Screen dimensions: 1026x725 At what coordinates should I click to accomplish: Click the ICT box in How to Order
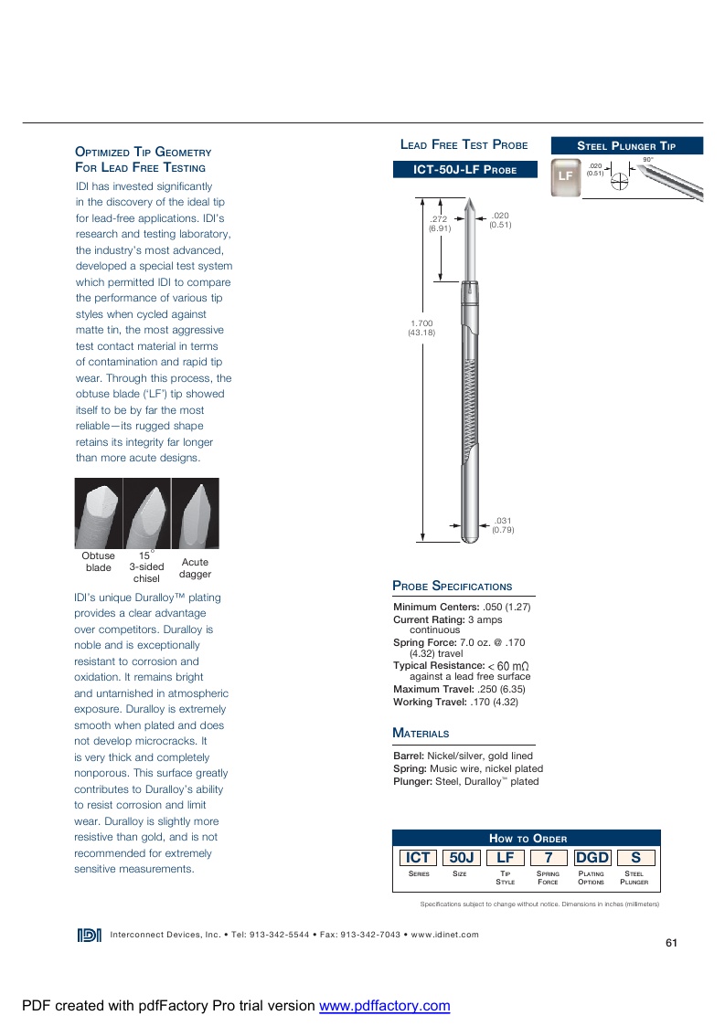(418, 857)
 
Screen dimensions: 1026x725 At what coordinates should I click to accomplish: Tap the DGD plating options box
(592, 857)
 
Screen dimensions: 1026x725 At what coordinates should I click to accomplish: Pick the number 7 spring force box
(549, 857)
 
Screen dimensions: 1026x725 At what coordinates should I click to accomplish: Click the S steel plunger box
(635, 857)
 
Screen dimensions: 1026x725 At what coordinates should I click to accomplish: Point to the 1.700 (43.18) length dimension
(421, 327)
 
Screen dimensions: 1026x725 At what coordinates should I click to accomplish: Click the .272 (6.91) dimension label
(440, 224)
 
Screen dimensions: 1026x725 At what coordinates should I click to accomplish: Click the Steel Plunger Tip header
(626, 145)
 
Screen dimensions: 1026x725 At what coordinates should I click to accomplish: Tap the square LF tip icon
(566, 175)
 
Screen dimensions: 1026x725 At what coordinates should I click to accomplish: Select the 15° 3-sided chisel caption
(146, 566)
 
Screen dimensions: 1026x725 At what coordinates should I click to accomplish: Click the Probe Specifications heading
(453, 586)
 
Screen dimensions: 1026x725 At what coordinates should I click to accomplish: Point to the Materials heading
(421, 733)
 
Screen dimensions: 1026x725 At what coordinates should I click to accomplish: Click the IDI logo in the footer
(90, 934)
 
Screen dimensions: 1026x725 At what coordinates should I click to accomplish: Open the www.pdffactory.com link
(384, 1006)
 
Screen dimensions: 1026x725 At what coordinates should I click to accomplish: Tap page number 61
(671, 943)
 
